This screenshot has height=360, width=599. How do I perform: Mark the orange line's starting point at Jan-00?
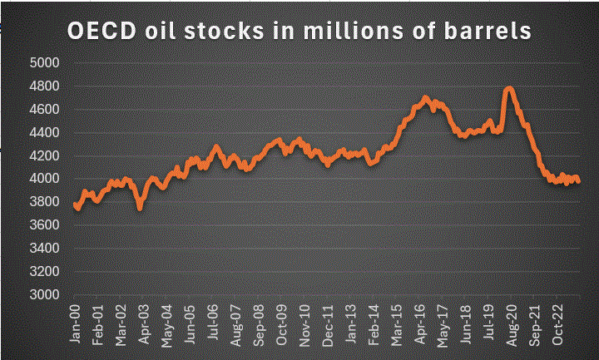coord(75,205)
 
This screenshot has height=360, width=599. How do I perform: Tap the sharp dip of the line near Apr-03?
coord(140,207)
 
